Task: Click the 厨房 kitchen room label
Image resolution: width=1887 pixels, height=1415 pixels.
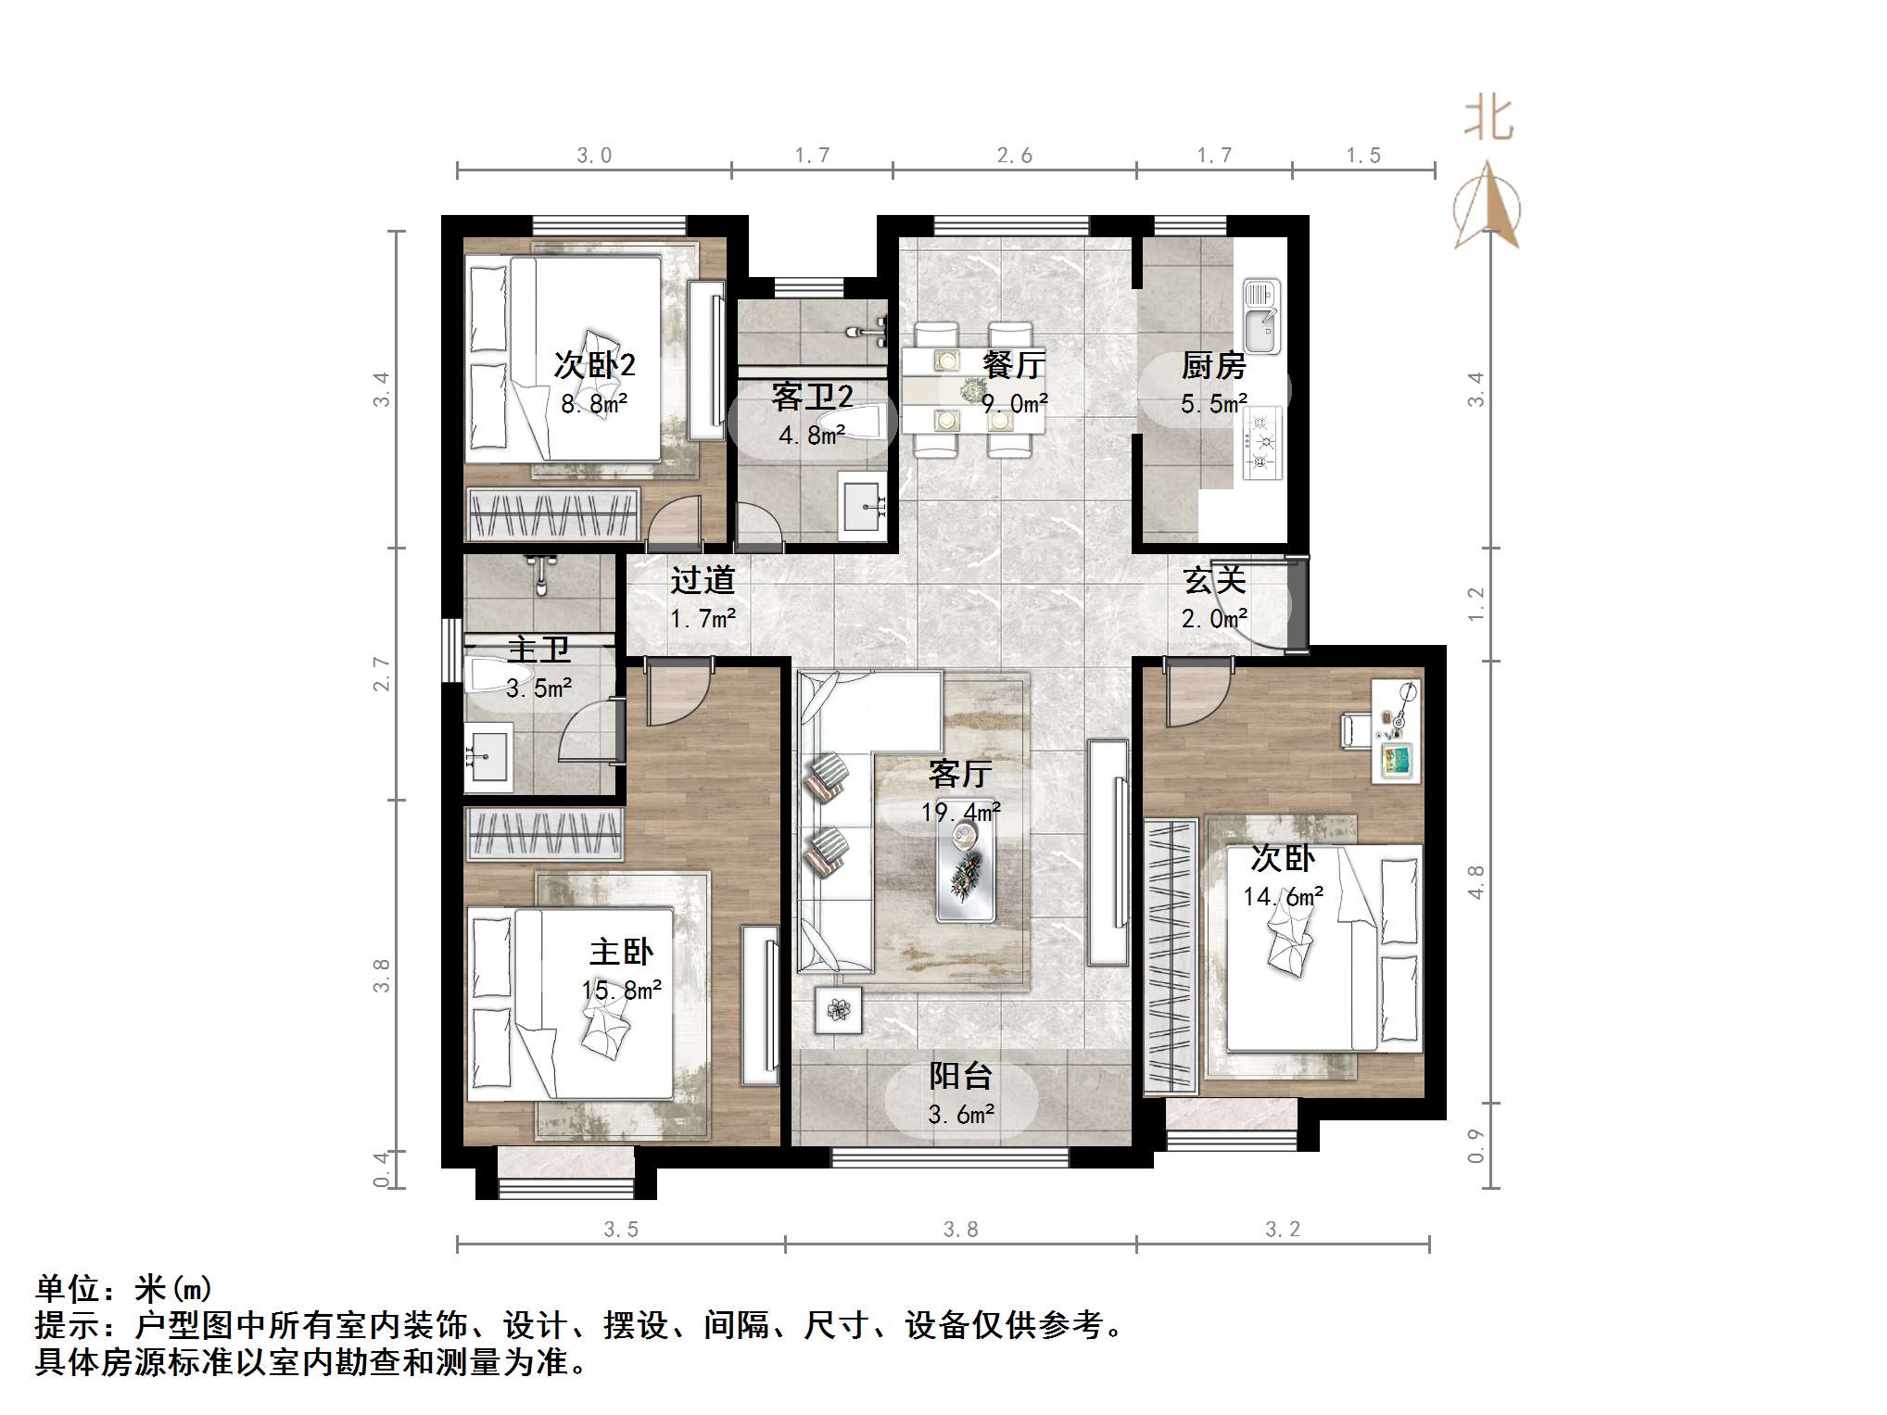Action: pyautogui.click(x=1213, y=366)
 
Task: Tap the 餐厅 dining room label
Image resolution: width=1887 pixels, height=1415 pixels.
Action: pyautogui.click(x=1014, y=364)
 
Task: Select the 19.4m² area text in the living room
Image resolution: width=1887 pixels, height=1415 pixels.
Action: pyautogui.click(x=960, y=813)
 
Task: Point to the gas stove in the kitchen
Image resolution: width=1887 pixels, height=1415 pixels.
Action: pyautogui.click(x=1261, y=443)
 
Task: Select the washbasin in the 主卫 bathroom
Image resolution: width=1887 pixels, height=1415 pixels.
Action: pyautogui.click(x=488, y=757)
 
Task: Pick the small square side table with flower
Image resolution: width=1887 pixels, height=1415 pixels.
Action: pyautogui.click(x=839, y=1009)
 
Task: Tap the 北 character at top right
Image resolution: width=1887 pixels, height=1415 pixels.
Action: pyautogui.click(x=1488, y=119)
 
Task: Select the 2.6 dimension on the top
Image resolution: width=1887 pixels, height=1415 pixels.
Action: pyautogui.click(x=1014, y=156)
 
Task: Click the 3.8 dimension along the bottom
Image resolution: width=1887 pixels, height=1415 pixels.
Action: pyautogui.click(x=960, y=1229)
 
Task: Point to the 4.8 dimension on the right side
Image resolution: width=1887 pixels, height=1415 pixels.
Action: pyautogui.click(x=1475, y=881)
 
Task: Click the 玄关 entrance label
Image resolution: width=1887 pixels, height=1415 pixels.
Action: pyautogui.click(x=1213, y=581)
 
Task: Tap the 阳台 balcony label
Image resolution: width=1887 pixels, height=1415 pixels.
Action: pyautogui.click(x=960, y=1076)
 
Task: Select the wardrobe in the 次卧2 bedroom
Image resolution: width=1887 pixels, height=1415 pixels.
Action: pyautogui.click(x=553, y=513)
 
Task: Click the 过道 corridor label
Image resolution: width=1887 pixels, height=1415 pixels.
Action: pyautogui.click(x=703, y=581)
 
